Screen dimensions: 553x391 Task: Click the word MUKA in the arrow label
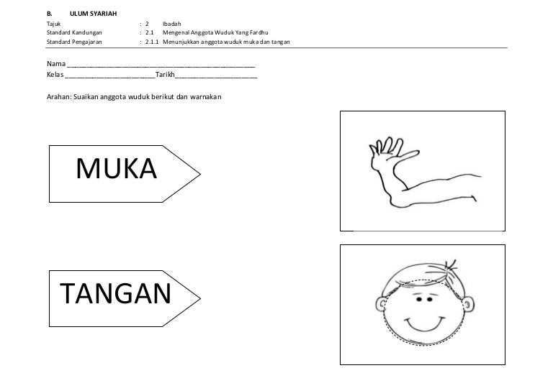pyautogui.click(x=117, y=169)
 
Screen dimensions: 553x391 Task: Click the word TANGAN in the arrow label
pyautogui.click(x=116, y=293)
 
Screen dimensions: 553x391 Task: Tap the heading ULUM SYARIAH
pyautogui.click(x=93, y=14)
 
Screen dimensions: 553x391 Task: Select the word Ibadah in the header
pyautogui.click(x=172, y=24)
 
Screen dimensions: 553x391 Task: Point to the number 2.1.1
pyautogui.click(x=152, y=42)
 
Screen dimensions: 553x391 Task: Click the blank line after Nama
pyautogui.click(x=161, y=66)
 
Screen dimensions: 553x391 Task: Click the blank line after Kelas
pyautogui.click(x=110, y=77)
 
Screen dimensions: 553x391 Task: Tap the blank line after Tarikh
pyautogui.click(x=216, y=77)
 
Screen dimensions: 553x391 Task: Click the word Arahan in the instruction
pyautogui.click(x=59, y=97)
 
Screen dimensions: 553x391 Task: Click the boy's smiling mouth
pyautogui.click(x=423, y=324)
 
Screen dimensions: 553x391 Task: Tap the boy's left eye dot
pyautogui.click(x=419, y=300)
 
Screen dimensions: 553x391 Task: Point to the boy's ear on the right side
pyautogui.click(x=468, y=304)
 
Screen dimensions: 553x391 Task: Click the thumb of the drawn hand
pyautogui.click(x=406, y=155)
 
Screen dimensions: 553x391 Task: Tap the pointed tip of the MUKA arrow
pyautogui.click(x=200, y=174)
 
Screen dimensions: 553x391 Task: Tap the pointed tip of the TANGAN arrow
pyautogui.click(x=200, y=298)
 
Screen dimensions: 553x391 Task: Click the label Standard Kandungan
pyautogui.click(x=74, y=33)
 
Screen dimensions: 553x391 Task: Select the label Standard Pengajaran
pyautogui.click(x=74, y=42)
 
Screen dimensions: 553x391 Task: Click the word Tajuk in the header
pyautogui.click(x=53, y=24)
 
